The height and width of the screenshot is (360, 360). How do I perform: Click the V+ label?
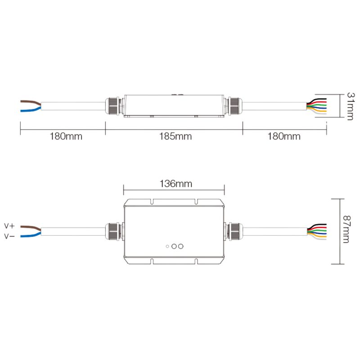(x=9, y=226)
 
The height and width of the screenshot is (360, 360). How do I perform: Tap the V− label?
(x=9, y=236)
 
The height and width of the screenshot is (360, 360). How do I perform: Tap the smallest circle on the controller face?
(x=167, y=246)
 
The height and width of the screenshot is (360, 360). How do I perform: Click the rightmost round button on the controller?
(x=181, y=246)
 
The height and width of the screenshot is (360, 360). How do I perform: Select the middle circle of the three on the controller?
(x=174, y=246)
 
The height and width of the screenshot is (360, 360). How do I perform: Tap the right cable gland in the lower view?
(x=234, y=231)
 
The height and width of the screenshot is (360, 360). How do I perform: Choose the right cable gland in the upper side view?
(x=234, y=106)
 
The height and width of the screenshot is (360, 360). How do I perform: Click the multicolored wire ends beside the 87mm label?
(x=317, y=231)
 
